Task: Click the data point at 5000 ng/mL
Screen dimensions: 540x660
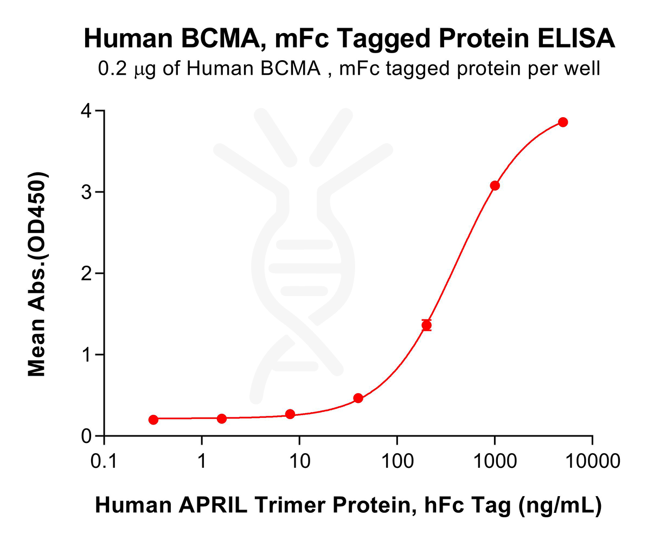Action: [563, 122]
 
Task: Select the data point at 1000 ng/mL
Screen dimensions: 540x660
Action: [495, 185]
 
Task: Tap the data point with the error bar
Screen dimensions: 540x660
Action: [426, 325]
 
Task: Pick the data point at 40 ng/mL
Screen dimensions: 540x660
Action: [358, 398]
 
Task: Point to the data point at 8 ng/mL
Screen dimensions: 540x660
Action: [290, 414]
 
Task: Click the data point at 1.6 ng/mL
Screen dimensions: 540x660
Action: [222, 419]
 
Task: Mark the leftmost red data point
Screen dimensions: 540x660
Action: [153, 420]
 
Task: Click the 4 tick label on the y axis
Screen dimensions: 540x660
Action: [85, 111]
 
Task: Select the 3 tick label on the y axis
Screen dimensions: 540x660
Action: [85, 192]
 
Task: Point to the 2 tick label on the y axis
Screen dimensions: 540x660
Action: [85, 273]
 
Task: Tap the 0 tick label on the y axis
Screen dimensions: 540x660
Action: [85, 436]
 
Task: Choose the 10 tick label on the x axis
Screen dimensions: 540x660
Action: [299, 462]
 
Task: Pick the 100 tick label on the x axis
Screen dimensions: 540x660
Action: [396, 462]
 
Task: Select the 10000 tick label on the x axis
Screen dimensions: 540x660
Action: [592, 462]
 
